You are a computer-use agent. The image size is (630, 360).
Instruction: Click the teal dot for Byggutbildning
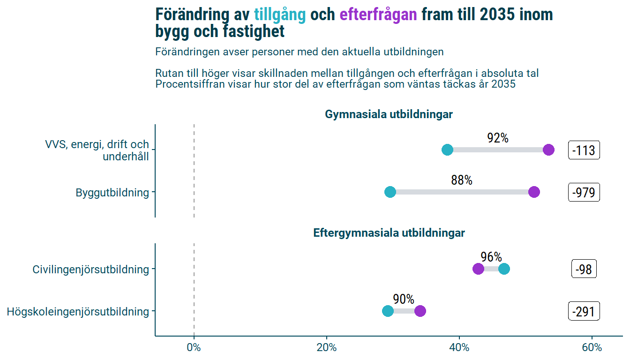point(390,192)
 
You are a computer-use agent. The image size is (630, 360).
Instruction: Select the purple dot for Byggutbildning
point(534,192)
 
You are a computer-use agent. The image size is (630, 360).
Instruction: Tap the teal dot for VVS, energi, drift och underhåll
point(447,150)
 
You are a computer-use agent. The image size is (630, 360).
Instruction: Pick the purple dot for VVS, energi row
point(549,150)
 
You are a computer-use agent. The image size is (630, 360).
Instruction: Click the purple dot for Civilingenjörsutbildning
point(478,269)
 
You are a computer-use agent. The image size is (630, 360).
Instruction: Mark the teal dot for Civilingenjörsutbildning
point(504,269)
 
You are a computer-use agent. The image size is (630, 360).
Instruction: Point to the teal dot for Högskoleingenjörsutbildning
point(388,311)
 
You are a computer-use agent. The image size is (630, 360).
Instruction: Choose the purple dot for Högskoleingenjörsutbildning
point(420,311)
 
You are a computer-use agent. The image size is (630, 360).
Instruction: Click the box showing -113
point(584,150)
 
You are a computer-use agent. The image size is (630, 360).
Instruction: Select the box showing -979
point(584,192)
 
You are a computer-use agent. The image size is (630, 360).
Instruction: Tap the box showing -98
point(584,270)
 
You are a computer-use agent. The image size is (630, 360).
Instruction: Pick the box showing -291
point(584,312)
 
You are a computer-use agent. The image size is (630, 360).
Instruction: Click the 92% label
point(498,138)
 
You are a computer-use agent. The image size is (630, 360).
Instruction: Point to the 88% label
point(462,180)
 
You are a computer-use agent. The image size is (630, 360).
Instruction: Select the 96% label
point(491,257)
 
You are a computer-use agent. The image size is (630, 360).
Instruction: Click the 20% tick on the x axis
point(327,348)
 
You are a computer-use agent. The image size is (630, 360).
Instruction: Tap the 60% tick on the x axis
point(592,348)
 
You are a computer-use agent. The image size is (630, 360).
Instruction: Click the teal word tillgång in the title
point(280,15)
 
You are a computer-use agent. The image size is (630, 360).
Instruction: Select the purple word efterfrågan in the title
point(378,15)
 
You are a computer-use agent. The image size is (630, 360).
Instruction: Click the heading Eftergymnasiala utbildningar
point(389,233)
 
